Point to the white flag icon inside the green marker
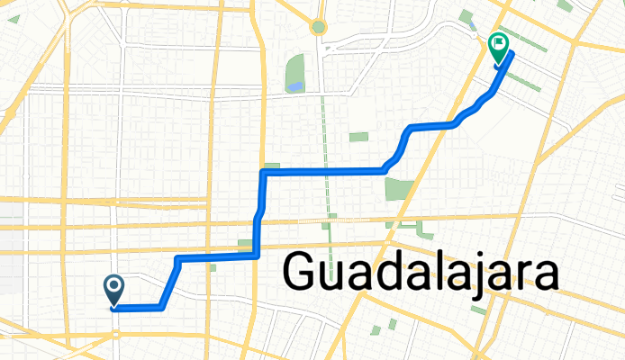tap(497, 42)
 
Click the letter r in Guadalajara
tap(526, 274)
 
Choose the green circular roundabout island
tap(317, 27)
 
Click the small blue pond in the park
tap(294, 87)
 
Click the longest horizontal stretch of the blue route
tap(324, 170)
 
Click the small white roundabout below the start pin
tap(116, 334)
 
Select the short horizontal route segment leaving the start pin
tap(138, 308)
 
